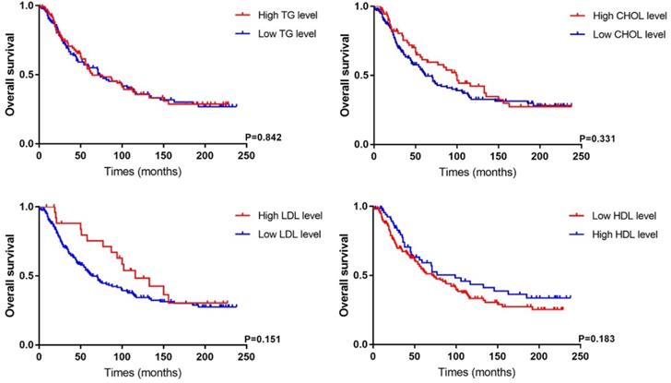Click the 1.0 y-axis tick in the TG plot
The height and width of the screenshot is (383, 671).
pyautogui.click(x=24, y=6)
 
